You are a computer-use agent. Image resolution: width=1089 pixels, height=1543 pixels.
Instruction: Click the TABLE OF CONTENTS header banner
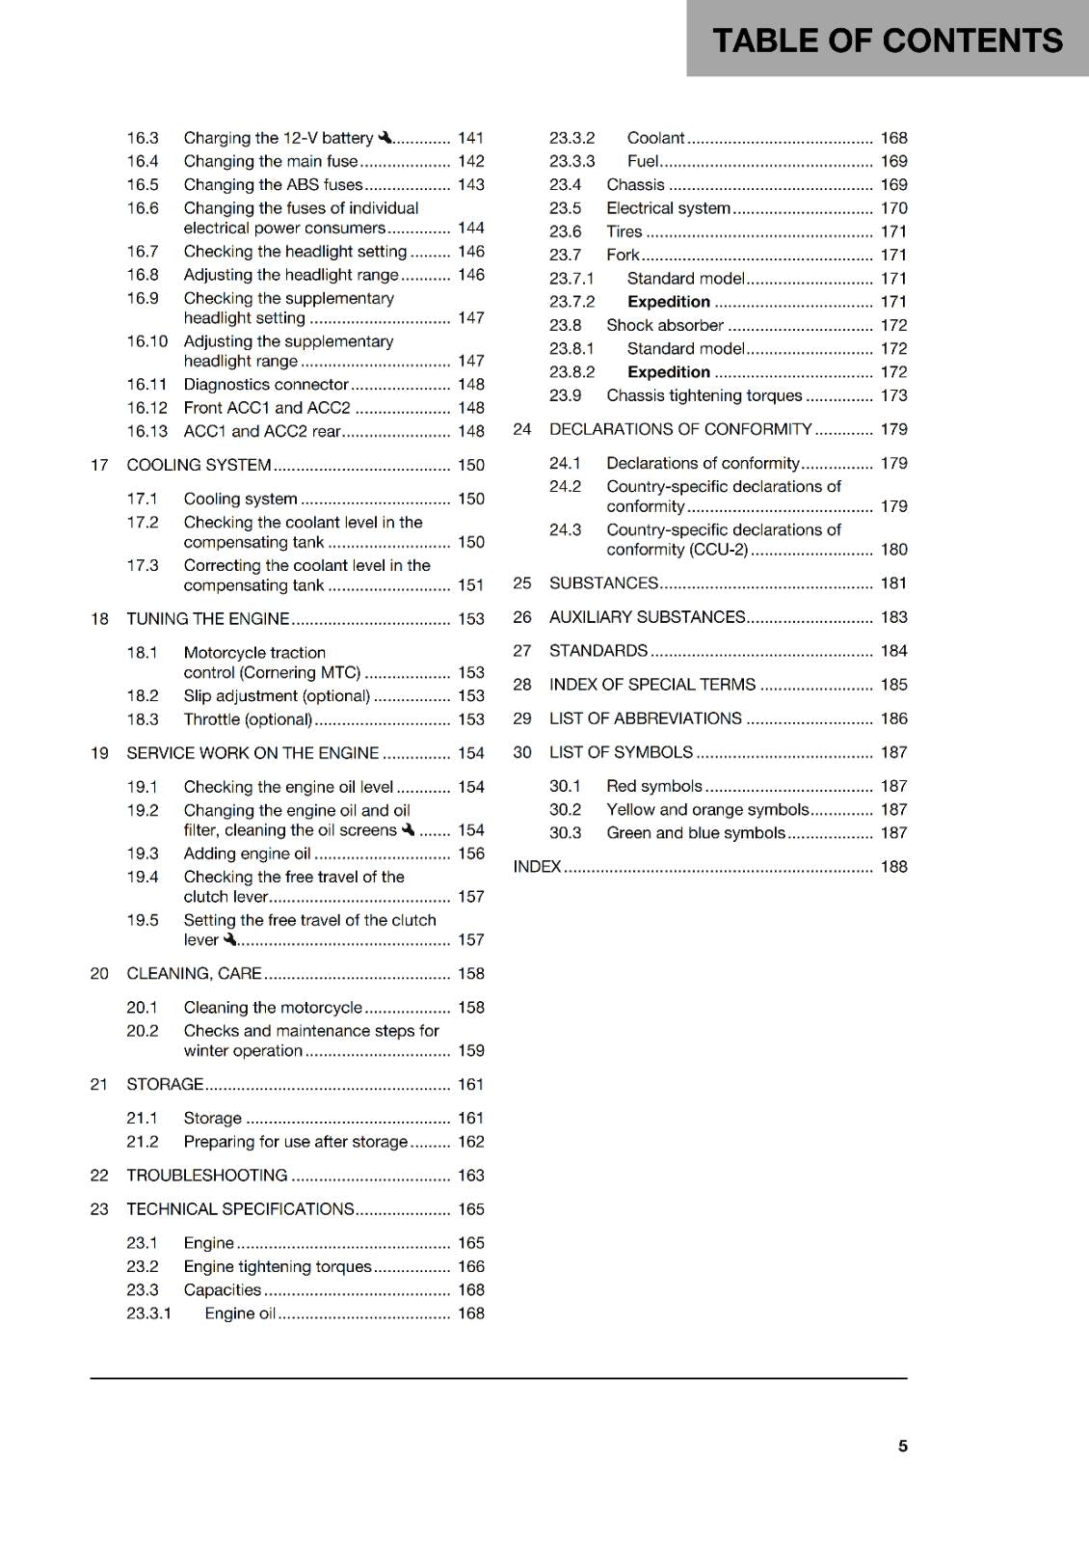887,41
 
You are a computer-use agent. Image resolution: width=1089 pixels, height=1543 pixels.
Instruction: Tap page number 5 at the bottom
902,1446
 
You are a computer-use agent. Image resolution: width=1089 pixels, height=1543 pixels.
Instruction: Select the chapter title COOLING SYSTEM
199,465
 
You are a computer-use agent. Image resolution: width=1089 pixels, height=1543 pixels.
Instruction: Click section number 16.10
146,341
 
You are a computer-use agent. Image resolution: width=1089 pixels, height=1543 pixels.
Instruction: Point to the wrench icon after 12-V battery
385,138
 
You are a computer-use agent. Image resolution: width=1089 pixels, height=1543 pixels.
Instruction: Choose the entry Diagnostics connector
266,384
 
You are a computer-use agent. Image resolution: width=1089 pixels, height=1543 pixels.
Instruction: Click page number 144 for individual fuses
470,228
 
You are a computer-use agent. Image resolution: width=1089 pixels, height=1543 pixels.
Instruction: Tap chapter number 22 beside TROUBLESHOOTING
99,1175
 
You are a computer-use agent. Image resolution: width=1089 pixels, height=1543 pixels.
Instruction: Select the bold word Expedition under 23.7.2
669,302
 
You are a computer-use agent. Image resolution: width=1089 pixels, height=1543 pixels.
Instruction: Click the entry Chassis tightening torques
704,395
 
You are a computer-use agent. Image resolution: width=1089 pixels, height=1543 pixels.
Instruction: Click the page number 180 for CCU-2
893,549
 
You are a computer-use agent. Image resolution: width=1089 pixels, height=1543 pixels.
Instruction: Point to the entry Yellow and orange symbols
707,809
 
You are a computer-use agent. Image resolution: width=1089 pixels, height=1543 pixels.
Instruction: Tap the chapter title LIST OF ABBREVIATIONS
645,718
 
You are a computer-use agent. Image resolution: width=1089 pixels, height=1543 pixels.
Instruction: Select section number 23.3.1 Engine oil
148,1313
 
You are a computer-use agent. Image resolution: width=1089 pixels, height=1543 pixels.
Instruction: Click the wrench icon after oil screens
408,829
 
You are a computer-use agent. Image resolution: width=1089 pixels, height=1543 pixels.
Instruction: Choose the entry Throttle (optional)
248,719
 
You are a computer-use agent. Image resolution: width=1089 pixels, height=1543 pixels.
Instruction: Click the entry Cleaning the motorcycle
273,1007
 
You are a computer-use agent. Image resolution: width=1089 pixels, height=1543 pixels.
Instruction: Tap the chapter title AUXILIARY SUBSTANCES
647,617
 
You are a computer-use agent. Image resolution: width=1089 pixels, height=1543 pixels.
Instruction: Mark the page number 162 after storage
470,1142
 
